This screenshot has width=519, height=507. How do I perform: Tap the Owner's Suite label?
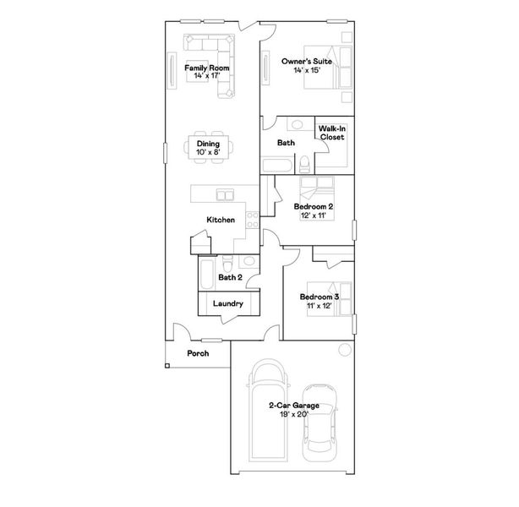pos(305,62)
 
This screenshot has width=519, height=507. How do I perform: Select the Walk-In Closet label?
pos(331,133)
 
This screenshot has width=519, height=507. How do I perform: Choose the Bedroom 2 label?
pos(314,206)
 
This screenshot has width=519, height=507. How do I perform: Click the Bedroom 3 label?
pos(320,297)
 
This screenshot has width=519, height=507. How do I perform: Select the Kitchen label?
pos(221,221)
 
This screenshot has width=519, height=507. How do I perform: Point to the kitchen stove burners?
pos(251,223)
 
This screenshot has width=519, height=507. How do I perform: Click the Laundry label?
pos(228,303)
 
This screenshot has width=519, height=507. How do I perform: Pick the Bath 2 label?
pos(230,277)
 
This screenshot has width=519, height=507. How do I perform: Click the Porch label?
pos(198,353)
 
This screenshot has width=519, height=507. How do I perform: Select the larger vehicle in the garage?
pos(268,414)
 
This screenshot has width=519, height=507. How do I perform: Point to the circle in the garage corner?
pos(344,351)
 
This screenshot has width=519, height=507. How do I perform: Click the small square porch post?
pos(167,366)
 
